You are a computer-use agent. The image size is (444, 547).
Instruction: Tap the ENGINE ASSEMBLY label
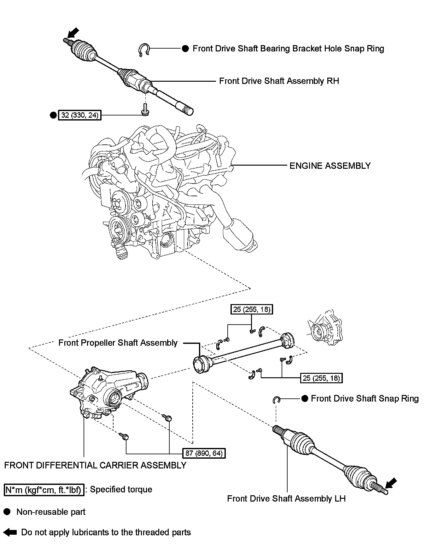pos(330,166)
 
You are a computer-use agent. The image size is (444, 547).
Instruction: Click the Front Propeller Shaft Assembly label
pos(118,343)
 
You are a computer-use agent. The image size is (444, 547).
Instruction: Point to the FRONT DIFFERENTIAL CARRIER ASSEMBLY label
pos(95,465)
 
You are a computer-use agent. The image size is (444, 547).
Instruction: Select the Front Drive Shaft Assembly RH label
pos(279,81)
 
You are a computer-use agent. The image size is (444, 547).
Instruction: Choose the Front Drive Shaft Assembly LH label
pos(286,498)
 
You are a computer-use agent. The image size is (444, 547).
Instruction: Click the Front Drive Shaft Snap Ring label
pos(365,399)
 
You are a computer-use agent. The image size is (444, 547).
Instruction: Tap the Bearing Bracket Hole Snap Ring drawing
pos(144,50)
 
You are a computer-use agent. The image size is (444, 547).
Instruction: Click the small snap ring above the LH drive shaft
pos(276,400)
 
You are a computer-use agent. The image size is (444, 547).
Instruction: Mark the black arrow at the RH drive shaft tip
pos(73,32)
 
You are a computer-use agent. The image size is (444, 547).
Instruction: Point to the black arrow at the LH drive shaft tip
pos(390,484)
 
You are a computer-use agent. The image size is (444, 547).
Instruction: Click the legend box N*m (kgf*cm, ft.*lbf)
pos(44,490)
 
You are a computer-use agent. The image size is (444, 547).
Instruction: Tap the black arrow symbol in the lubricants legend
pos(11,532)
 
